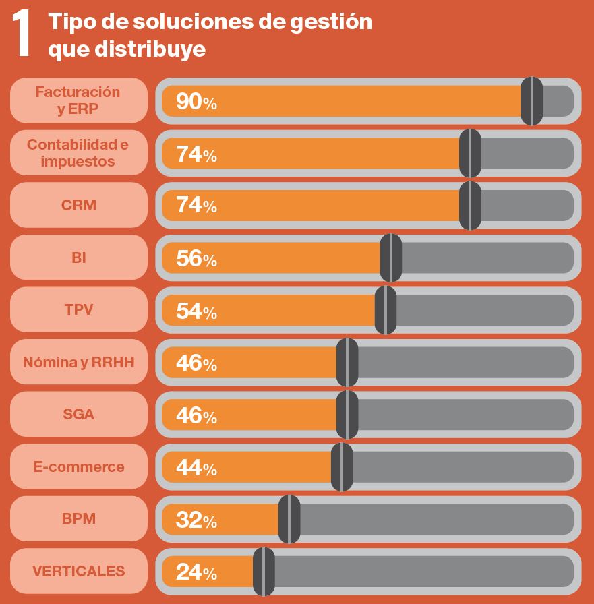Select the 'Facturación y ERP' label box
click(78, 100)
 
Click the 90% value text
click(196, 102)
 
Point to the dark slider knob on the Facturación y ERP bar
click(532, 101)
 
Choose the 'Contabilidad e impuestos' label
click(78, 153)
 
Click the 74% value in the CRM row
click(196, 206)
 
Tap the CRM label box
click(78, 205)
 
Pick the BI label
click(78, 258)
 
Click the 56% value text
click(196, 258)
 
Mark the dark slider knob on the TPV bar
click(386, 310)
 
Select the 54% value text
click(196, 311)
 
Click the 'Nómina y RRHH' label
click(78, 362)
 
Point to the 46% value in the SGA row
click(196, 415)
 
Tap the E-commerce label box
click(78, 466)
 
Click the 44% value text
click(196, 467)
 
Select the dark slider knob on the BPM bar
click(289, 519)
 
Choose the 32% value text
click(196, 520)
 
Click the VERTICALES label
click(78, 571)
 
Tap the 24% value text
click(196, 572)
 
